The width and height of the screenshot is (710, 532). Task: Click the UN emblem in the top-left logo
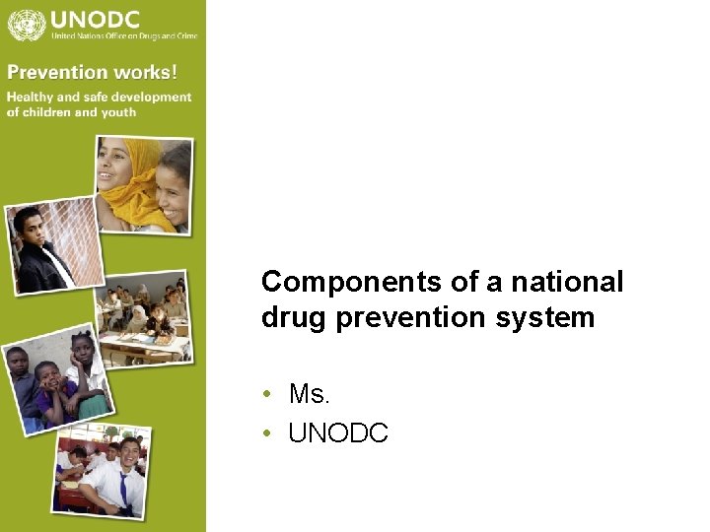point(25,24)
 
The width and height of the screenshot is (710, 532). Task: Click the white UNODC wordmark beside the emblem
point(95,18)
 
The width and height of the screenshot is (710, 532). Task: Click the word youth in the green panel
point(118,111)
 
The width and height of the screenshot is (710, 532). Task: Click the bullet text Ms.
point(309,395)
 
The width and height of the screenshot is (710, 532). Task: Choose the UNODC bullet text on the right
point(338,432)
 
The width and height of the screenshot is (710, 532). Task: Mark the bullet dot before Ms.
point(268,395)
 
